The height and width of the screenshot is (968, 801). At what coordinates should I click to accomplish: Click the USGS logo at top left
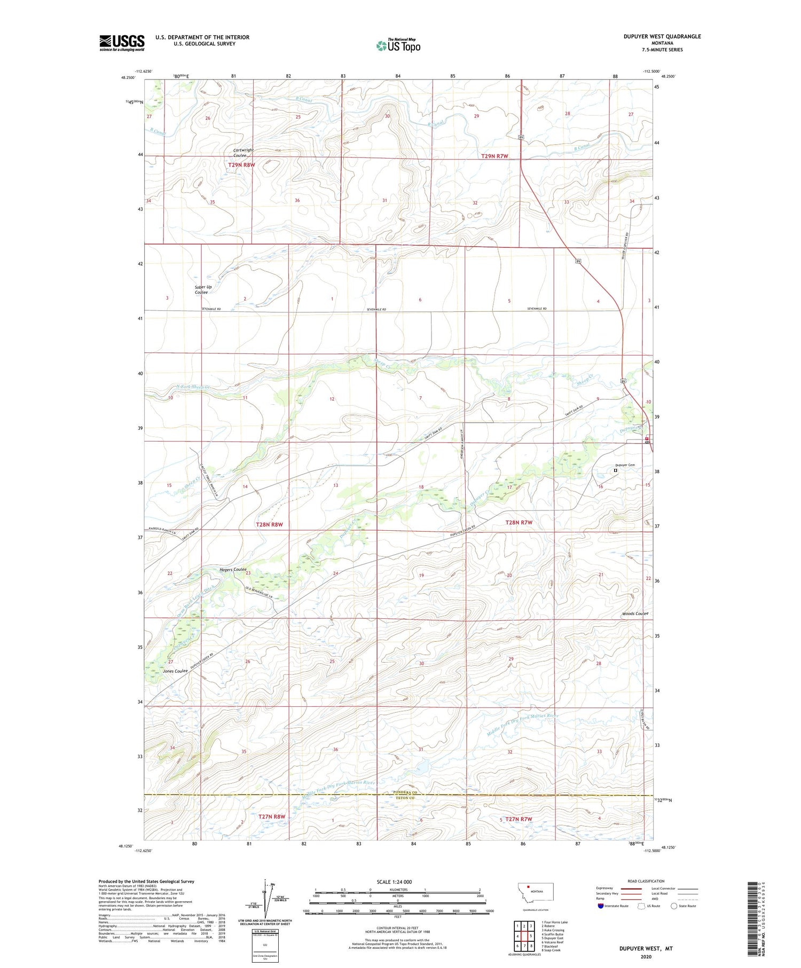(122, 43)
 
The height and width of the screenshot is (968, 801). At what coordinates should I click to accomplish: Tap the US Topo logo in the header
(398, 45)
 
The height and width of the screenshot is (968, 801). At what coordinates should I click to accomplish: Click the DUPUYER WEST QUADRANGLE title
(655, 36)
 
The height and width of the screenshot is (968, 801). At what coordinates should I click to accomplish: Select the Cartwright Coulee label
(243, 153)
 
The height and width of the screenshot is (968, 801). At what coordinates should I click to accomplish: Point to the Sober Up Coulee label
(203, 289)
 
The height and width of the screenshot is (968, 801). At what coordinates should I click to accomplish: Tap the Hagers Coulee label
(233, 570)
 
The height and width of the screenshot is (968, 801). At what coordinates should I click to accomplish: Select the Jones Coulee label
(176, 671)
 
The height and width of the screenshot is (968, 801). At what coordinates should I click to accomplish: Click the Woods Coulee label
(634, 613)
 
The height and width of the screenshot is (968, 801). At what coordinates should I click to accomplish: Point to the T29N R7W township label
(494, 156)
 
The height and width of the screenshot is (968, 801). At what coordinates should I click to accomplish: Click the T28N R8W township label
(269, 524)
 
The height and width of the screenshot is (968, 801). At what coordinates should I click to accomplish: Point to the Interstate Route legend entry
(614, 906)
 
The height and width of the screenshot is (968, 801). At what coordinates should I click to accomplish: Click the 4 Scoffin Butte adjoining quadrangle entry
(553, 934)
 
